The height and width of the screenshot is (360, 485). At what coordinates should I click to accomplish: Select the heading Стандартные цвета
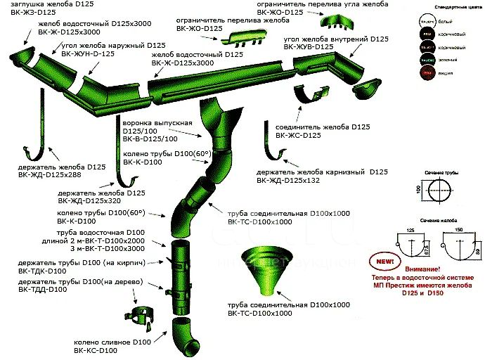[x=442, y=6]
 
